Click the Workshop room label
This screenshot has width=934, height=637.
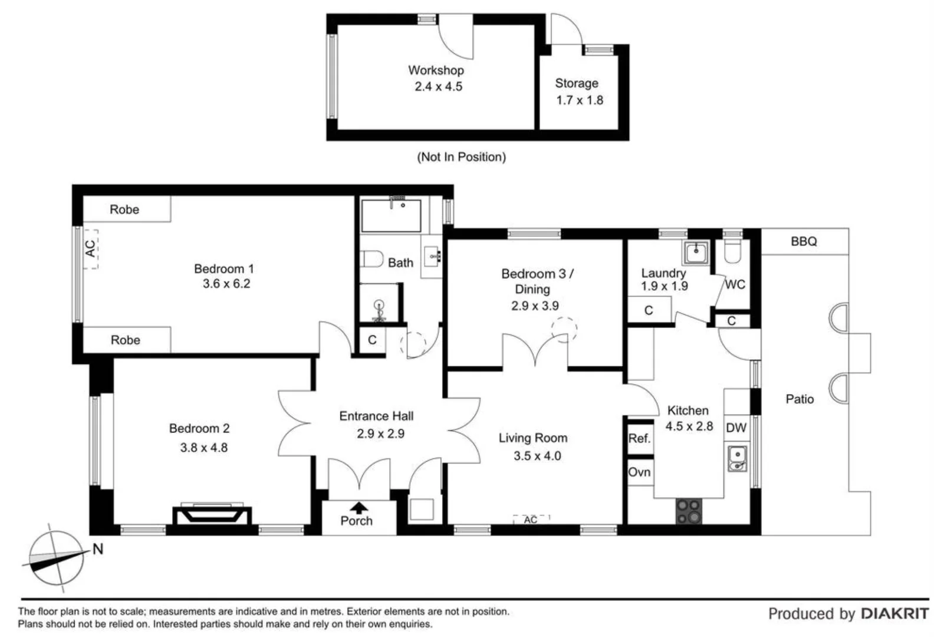436,70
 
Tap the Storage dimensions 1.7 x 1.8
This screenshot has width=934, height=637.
579,100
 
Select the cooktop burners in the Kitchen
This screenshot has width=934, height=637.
689,511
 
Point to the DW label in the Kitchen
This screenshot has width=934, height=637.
735,428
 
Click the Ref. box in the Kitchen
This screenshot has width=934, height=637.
639,438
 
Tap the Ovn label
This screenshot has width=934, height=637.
639,472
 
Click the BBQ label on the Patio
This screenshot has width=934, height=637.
803,241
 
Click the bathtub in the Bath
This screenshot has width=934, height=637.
391,216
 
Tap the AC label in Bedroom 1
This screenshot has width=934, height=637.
90,248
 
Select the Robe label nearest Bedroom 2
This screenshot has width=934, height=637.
125,340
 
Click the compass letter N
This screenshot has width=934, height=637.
98,549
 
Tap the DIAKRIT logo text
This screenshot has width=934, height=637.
894,613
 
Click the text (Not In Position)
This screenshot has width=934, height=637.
461,157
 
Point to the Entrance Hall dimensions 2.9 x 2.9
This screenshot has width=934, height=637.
380,434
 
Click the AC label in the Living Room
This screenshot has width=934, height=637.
530,520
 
